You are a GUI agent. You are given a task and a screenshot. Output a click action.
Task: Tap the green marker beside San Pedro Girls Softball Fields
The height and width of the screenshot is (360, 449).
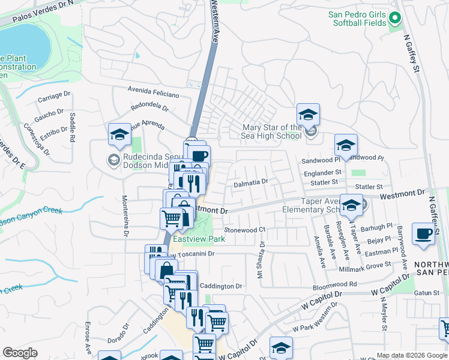point(394,19)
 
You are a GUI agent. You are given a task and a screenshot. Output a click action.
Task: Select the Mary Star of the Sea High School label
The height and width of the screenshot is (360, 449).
point(272,131)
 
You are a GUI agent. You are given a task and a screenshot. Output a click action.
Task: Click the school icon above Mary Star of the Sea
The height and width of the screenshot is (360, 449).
point(308,115)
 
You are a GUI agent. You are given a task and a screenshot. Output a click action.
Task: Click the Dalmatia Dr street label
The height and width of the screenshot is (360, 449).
point(250,181)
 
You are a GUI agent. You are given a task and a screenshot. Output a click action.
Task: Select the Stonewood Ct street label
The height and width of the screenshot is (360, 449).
point(244,230)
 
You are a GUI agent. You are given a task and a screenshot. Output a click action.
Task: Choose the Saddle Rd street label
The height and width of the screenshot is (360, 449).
point(73,127)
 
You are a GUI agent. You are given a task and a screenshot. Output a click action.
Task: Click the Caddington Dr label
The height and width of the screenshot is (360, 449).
point(220,287)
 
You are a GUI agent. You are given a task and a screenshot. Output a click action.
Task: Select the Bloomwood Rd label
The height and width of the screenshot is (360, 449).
point(339,283)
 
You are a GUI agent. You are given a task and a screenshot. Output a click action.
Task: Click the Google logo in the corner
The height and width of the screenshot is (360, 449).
point(20,353)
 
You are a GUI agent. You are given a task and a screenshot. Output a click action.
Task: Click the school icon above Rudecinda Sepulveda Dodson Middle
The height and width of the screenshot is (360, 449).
point(119,135)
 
